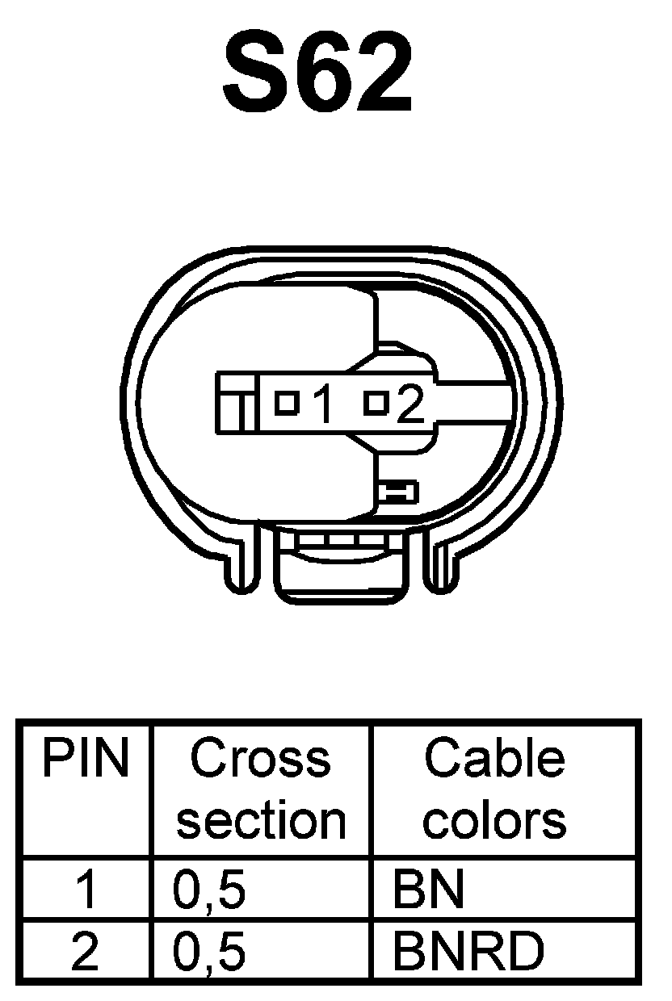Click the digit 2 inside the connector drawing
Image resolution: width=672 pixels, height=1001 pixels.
(409, 405)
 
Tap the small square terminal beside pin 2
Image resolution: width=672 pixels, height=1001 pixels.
(376, 402)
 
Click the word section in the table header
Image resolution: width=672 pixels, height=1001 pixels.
(260, 820)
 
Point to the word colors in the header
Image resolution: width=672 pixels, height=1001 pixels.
(494, 820)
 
